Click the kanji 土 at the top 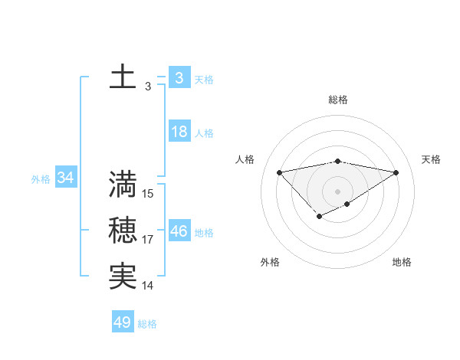123,77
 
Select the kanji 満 123,185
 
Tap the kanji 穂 123,231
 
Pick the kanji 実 123,277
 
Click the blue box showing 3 179,77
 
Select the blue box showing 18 179,132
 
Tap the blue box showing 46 179,231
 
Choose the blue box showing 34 65,178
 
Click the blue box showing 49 123,322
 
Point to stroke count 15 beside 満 148,194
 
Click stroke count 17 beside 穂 148,240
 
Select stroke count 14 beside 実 148,286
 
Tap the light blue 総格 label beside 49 147,324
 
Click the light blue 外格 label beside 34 41,179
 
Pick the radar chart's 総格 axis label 337,100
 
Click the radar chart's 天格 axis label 431,159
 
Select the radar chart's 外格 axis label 270,262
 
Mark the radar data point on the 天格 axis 396,172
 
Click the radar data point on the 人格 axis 279,172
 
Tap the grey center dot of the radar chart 337,191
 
